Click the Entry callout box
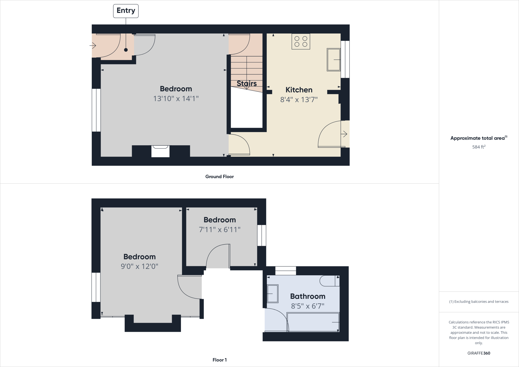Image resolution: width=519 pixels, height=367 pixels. [x=126, y=11]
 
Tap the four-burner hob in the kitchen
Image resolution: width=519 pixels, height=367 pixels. [x=301, y=42]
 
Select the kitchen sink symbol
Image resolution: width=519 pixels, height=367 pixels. [x=333, y=60]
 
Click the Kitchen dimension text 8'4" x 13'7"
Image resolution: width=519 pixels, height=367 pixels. [x=299, y=100]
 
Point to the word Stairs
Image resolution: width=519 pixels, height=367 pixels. [x=247, y=83]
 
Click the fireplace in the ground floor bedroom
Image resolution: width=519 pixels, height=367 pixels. [x=160, y=151]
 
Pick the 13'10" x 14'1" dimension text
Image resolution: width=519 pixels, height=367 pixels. [x=176, y=99]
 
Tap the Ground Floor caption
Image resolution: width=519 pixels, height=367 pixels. [x=219, y=177]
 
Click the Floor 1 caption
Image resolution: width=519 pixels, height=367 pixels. [x=219, y=360]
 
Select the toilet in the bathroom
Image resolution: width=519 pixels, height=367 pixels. [x=329, y=281]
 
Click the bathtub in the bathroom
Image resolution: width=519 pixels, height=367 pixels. [x=313, y=322]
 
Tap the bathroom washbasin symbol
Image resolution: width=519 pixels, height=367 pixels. [x=273, y=293]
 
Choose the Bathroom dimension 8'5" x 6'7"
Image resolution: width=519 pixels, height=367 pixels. [x=308, y=306]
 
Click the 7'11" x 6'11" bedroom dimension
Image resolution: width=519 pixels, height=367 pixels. [x=219, y=230]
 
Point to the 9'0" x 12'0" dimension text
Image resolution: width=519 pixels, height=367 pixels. [x=139, y=266]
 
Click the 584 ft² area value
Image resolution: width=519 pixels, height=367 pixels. [x=479, y=147]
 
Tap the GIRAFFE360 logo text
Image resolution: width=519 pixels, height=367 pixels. [x=479, y=353]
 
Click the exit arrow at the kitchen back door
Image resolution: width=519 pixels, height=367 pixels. [x=344, y=134]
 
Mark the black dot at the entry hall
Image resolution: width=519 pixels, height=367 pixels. [x=126, y=50]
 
